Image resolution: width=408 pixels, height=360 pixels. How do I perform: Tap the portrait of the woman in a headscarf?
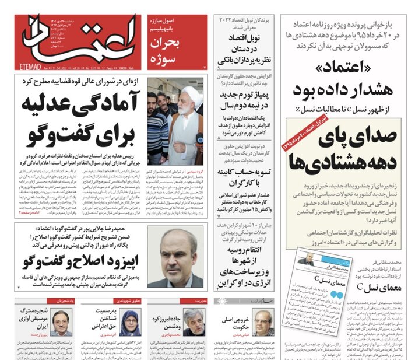tap(130, 324)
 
